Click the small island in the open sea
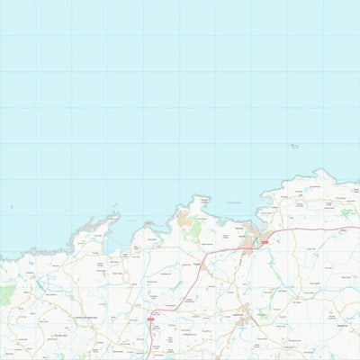(x=294, y=146)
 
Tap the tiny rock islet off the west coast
(x=12, y=207)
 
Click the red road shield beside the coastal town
(x=265, y=242)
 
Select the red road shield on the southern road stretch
(x=150, y=319)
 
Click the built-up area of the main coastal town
(x=254, y=238)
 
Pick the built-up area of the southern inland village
(x=245, y=317)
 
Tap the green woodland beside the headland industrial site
(x=195, y=229)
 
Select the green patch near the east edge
(x=346, y=213)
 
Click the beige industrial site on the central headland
(x=184, y=219)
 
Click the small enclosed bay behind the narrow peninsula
(x=111, y=236)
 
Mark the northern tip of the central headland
(x=201, y=195)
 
